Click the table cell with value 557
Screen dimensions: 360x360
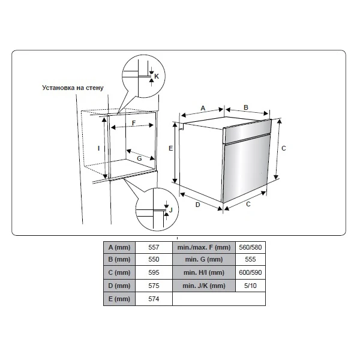pos(154,247)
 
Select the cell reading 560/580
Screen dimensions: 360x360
pos(250,247)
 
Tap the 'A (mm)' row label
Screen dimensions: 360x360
pos(119,247)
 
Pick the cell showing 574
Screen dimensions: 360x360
pos(154,299)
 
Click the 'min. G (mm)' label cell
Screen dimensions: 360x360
pos(204,259)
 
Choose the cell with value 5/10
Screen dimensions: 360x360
pos(250,286)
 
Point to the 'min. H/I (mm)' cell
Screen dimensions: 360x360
pos(204,272)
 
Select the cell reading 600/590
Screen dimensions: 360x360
pos(250,272)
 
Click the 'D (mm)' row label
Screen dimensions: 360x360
pos(119,286)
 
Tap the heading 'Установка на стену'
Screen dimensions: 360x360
pos(73,88)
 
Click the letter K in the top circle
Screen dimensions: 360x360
pos(157,76)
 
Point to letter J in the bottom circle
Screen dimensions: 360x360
pos(170,210)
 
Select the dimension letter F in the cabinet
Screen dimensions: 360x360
pos(134,123)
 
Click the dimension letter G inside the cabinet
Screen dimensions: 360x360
pos(139,158)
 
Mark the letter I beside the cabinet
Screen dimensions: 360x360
pos(99,148)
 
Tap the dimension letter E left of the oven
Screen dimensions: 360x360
pos(170,148)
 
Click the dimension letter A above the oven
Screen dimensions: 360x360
pos(203,108)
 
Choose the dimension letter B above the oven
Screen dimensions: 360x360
pos(246,107)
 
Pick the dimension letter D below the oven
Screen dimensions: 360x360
pos(197,205)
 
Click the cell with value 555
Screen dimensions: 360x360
pos(250,259)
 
